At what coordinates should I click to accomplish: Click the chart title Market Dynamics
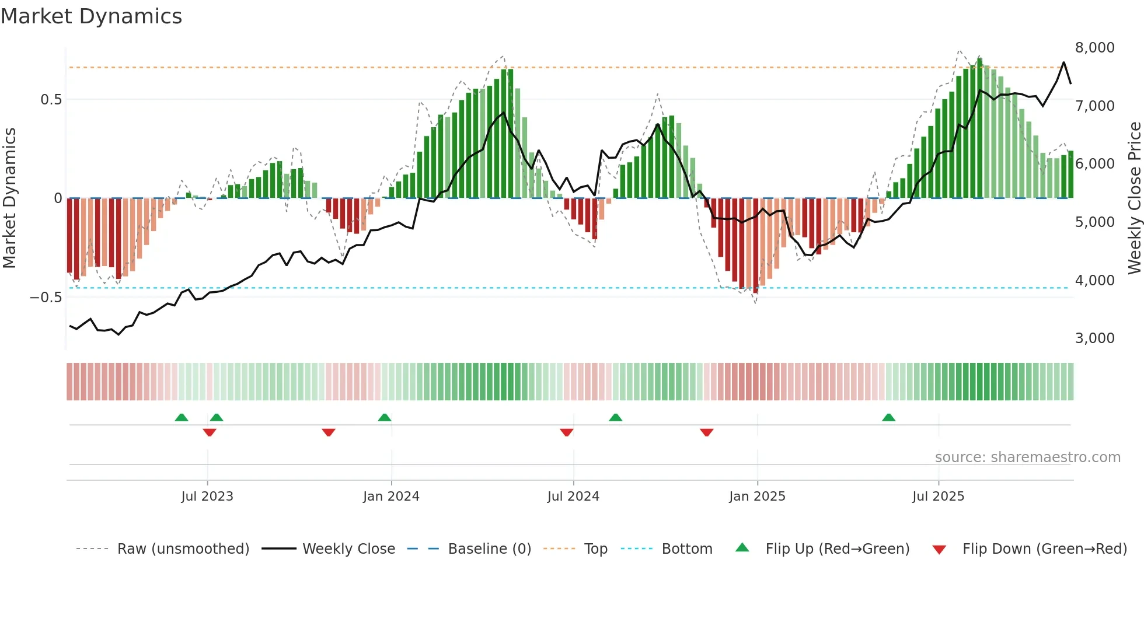point(91,16)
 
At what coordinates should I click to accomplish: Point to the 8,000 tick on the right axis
point(1094,47)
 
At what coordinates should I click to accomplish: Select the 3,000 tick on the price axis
point(1094,338)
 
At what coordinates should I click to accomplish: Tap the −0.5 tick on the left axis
point(46,297)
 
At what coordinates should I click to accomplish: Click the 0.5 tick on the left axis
point(51,99)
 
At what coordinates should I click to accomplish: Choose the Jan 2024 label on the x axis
point(391,496)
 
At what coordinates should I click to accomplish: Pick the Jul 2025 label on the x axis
point(938,496)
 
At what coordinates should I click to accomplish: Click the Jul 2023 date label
point(207,496)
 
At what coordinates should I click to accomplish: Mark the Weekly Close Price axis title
point(1134,198)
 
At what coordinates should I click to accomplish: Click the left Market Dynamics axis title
point(9,198)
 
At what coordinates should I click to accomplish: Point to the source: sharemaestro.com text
point(1027,457)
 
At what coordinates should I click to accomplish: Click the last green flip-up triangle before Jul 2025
point(888,417)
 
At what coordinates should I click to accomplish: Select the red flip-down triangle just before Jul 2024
point(566,432)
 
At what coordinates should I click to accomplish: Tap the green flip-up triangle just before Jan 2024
point(384,417)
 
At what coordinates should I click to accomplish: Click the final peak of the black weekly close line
point(1063,62)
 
